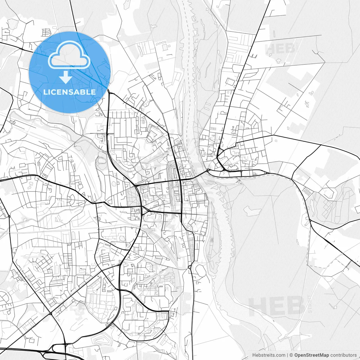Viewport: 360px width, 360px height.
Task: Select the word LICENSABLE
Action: tap(69, 92)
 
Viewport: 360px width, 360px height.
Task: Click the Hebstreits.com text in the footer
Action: tap(269, 355)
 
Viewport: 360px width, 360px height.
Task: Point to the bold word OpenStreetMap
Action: tap(312, 355)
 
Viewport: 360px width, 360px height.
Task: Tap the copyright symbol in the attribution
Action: tap(291, 355)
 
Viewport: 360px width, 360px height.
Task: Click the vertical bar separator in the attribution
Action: tap(287, 355)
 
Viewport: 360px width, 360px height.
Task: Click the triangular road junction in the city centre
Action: tap(145, 210)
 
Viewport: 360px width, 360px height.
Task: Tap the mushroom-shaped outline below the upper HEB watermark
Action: tap(279, 60)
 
